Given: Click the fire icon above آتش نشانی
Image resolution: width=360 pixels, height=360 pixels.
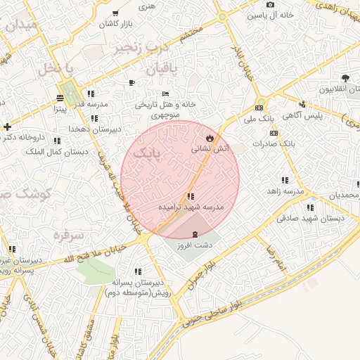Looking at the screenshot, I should coord(209,136).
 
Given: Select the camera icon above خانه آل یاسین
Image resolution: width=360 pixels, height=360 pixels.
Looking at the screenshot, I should coord(270,4).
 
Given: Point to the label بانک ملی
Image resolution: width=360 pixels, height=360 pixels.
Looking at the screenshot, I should coord(258,120).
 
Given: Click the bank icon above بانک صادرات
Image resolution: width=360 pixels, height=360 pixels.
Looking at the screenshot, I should coord(274,133).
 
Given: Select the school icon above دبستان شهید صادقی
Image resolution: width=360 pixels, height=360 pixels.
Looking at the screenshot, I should coord(310,207).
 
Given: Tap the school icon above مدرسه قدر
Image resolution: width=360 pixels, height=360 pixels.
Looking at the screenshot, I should coord(91,94).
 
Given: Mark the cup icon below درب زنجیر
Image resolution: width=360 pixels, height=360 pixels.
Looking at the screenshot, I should coord(131,82).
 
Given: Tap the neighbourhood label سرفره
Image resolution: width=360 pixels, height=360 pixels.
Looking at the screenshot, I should coord(67,234).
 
